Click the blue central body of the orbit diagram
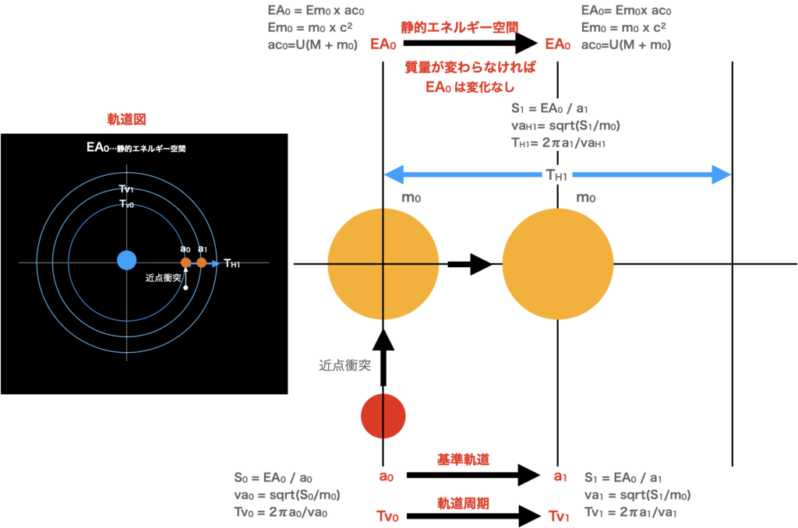[126, 260]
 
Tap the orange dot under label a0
[185, 262]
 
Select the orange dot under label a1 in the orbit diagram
[201, 262]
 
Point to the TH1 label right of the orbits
[231, 263]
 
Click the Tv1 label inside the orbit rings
[126, 189]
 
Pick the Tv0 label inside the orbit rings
[126, 203]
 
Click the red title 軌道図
[126, 120]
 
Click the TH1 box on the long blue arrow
[556, 176]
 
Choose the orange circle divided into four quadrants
[383, 264]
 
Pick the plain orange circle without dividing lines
[558, 264]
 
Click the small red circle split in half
[383, 416]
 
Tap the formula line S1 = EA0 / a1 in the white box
[549, 109]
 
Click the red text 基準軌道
[463, 459]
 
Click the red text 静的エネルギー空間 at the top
[459, 27]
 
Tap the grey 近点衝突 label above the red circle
[344, 364]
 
